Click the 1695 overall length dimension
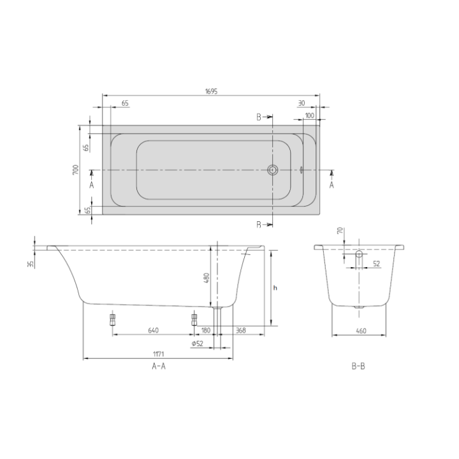(x=212, y=91)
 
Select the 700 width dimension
(x=75, y=170)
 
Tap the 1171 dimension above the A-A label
(x=159, y=354)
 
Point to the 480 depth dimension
(x=206, y=279)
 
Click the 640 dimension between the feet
(x=153, y=330)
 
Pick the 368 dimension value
(x=241, y=330)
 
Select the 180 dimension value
(x=205, y=330)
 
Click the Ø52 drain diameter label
(x=197, y=344)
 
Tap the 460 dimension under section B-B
(x=361, y=330)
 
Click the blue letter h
(x=275, y=288)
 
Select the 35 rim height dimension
(x=30, y=264)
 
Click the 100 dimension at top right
(x=309, y=115)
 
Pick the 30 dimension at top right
(x=300, y=102)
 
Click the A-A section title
(x=159, y=367)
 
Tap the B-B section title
(x=358, y=367)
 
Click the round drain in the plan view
(x=273, y=170)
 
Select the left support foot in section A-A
(x=112, y=319)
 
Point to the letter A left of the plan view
(x=92, y=184)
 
